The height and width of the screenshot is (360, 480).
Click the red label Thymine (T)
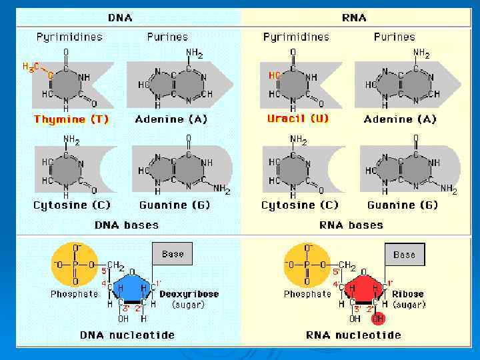click(x=71, y=120)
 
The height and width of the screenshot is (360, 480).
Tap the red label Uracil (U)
click(x=298, y=119)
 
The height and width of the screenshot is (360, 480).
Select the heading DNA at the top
click(x=119, y=17)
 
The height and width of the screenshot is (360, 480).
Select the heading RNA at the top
click(x=354, y=17)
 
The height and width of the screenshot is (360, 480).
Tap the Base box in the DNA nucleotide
click(x=172, y=254)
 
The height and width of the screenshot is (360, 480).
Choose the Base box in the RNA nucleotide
click(x=404, y=254)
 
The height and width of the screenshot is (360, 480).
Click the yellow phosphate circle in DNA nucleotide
click(x=75, y=265)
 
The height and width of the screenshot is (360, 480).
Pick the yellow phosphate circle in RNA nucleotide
click(x=307, y=265)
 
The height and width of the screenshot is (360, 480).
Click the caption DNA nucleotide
click(x=127, y=335)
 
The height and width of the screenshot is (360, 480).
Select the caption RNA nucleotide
click(x=354, y=335)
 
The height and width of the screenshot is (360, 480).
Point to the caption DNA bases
click(x=127, y=225)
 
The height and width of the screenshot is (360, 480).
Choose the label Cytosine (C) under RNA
click(x=300, y=205)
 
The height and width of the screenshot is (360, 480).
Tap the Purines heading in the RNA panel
click(x=395, y=37)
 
